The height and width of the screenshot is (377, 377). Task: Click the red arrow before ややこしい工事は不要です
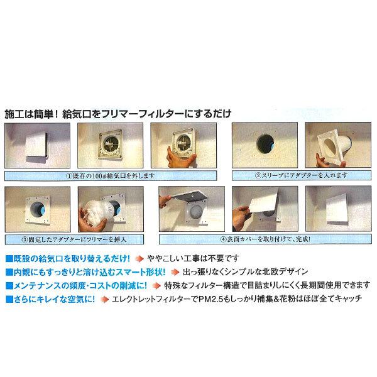139,258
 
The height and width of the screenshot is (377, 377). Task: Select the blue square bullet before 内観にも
7,270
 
